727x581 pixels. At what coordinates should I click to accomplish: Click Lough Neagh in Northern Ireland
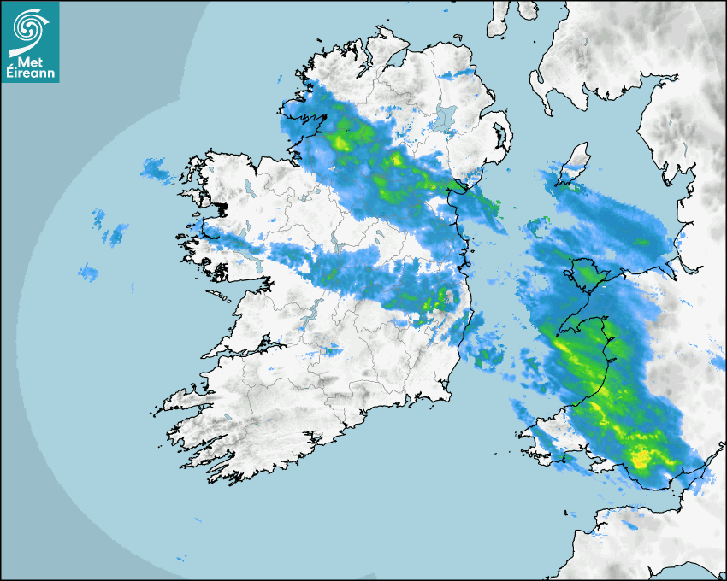(x=444, y=116)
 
